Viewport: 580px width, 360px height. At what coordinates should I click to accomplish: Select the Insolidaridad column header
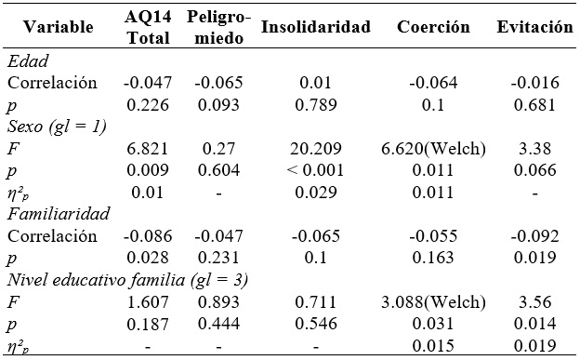316,28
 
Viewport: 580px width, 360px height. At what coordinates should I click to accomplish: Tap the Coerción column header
434,28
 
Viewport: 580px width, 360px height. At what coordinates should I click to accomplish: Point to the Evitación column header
534,28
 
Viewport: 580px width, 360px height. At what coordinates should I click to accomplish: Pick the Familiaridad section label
56,213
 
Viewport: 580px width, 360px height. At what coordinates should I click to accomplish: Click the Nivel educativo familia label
126,278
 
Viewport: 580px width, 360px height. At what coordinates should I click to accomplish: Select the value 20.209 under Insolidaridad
316,147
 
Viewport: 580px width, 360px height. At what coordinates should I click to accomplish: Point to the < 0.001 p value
316,169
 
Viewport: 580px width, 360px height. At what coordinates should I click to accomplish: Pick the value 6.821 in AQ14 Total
147,147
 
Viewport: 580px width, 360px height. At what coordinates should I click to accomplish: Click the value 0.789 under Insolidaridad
316,104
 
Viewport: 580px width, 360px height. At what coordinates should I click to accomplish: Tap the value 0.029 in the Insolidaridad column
316,191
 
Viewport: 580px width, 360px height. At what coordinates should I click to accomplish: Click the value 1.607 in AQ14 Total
147,300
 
